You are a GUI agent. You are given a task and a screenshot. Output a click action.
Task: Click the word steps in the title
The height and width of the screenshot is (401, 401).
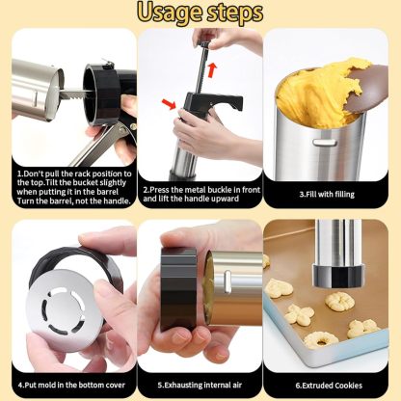point(233,13)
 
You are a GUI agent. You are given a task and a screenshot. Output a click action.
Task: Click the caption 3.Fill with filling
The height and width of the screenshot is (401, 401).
point(327,194)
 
